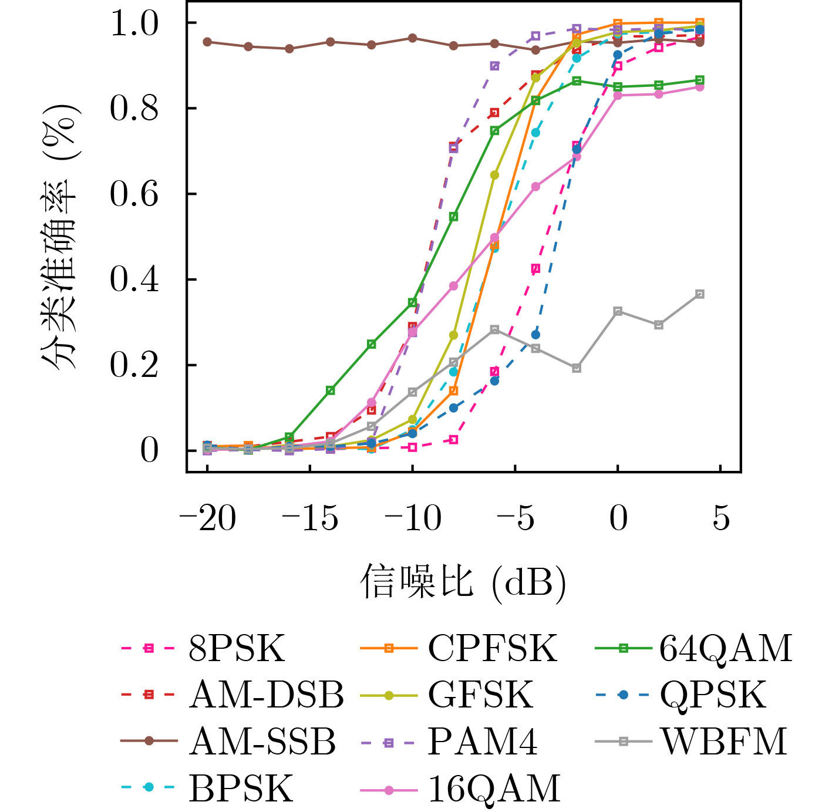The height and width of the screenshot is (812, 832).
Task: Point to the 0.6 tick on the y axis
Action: coord(134,194)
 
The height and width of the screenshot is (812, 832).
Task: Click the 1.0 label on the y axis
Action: coord(134,23)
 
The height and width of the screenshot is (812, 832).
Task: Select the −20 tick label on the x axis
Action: coord(207,518)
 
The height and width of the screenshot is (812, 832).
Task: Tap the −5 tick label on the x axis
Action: coord(515,518)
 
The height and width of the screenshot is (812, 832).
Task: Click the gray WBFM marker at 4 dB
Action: coord(699,294)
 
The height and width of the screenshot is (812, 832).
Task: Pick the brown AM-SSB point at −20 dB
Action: coord(207,42)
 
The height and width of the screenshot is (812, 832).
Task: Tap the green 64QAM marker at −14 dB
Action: coord(331,390)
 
